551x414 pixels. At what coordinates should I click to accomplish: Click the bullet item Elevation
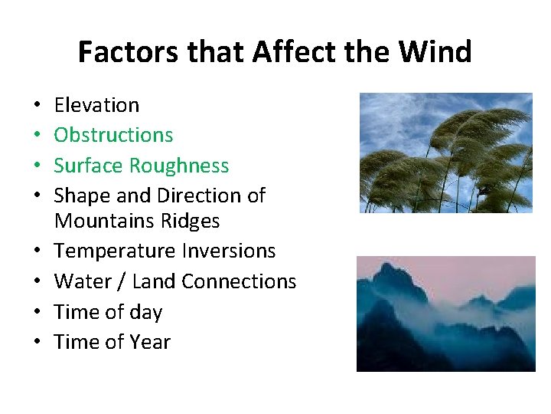pyautogui.click(x=96, y=105)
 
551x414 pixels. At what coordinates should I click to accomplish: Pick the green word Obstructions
pyautogui.click(x=113, y=135)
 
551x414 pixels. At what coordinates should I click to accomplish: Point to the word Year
pyautogui.click(x=149, y=343)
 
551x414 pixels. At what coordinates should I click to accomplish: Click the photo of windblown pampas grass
pyautogui.click(x=445, y=153)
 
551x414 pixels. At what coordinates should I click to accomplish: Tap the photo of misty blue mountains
pyautogui.click(x=445, y=314)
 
